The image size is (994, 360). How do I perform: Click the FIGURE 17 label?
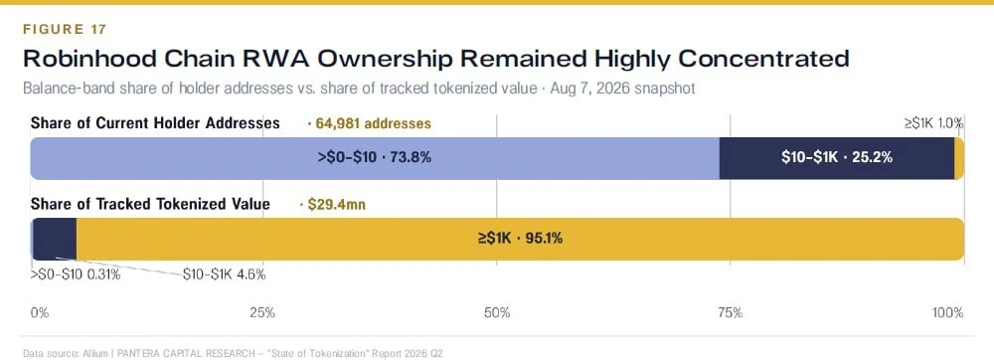[65, 29]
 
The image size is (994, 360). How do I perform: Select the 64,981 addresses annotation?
[369, 123]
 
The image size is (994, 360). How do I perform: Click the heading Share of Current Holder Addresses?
[155, 123]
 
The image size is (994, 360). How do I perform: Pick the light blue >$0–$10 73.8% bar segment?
[375, 158]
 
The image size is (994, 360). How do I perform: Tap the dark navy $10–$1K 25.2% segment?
[837, 158]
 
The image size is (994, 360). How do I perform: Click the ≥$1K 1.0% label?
[933, 123]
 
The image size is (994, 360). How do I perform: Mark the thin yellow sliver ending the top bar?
[959, 158]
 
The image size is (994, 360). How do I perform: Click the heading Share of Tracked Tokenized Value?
[150, 204]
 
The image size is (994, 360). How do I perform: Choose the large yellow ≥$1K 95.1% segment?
[521, 239]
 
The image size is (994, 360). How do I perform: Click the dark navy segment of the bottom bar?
[55, 239]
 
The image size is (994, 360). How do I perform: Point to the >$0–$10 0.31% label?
[76, 275]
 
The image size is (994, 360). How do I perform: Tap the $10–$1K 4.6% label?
[224, 275]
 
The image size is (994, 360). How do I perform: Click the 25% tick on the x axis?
[262, 312]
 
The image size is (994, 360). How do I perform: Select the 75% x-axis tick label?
[730, 312]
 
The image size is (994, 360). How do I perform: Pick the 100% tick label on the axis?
[948, 312]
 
